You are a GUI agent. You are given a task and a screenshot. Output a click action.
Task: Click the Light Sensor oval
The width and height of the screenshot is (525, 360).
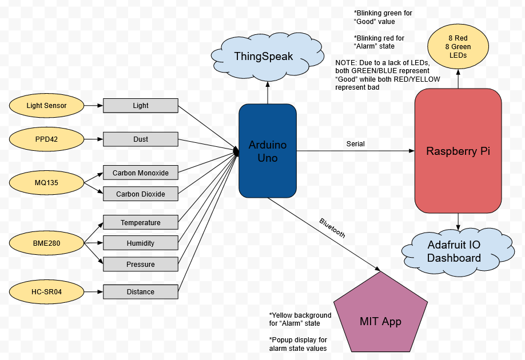46,105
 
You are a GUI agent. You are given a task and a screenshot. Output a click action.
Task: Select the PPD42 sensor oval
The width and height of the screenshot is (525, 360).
46,138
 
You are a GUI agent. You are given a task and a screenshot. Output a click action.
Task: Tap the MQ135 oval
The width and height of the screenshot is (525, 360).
46,183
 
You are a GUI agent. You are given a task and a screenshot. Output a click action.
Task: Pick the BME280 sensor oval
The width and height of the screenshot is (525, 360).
46,243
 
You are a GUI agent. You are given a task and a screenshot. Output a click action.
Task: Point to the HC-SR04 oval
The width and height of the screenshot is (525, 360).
46,292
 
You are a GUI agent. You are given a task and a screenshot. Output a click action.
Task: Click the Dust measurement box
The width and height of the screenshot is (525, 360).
140,139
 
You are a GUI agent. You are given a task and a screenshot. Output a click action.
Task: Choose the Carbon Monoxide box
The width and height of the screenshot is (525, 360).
140,173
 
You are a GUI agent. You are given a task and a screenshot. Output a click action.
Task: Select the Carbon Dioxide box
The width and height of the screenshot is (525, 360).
140,194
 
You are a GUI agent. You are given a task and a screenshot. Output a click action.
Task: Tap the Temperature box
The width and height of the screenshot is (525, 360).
140,222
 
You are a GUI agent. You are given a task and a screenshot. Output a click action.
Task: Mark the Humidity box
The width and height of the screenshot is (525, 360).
140,243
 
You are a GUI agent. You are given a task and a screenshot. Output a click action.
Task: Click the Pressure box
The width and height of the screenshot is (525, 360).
140,265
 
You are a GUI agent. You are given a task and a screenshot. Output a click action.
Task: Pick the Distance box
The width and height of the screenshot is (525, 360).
140,292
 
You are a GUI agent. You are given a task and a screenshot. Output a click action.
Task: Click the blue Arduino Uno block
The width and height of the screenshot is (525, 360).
267,151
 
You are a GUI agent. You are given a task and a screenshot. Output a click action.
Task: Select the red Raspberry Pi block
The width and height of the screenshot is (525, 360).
458,151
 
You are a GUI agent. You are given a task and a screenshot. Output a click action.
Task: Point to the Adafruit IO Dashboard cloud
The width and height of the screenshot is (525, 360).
454,251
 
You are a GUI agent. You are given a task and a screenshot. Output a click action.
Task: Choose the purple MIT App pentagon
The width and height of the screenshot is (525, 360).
380,317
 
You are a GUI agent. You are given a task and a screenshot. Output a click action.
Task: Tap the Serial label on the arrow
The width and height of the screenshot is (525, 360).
355,144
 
